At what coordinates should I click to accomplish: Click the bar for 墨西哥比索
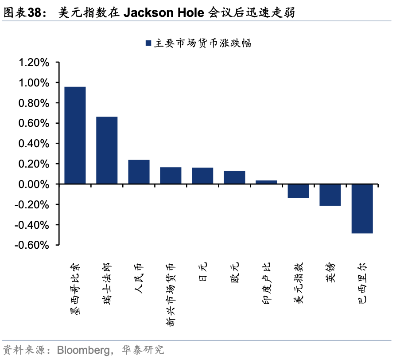[x=75, y=135]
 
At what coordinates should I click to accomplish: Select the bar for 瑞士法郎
[x=107, y=150]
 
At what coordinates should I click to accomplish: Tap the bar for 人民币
[x=139, y=172]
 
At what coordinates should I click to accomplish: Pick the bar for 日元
[x=202, y=176]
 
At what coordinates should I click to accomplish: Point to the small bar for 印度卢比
[x=266, y=182]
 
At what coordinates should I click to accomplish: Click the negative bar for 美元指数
[x=298, y=191]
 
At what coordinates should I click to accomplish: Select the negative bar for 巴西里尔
[x=362, y=208]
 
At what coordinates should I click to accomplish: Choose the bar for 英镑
[x=330, y=195]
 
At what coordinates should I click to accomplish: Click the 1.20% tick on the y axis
[x=33, y=63]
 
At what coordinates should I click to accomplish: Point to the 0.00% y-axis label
[x=33, y=184]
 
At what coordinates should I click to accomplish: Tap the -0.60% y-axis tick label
[x=32, y=245]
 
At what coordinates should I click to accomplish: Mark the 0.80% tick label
[x=33, y=103]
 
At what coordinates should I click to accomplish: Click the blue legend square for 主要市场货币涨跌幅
[x=148, y=43]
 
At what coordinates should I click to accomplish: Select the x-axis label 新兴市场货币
[x=171, y=295]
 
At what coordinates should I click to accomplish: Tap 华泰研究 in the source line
[x=144, y=350]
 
